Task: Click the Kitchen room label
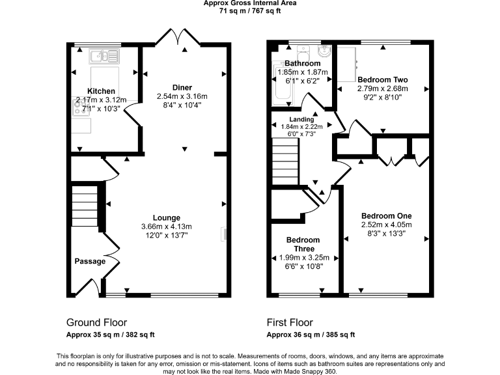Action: pyautogui.click(x=101, y=91)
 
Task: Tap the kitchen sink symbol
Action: pyautogui.click(x=104, y=57)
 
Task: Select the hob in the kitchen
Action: pyautogui.click(x=77, y=107)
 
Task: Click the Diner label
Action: pyautogui.click(x=182, y=87)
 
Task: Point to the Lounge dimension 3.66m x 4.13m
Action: pyautogui.click(x=167, y=227)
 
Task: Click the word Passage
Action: pyautogui.click(x=90, y=262)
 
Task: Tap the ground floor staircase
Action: pyautogui.click(x=85, y=206)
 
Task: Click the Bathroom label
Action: pyautogui.click(x=303, y=63)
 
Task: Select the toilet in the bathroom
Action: pyautogui.click(x=303, y=52)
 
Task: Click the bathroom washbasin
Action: pyautogui.click(x=325, y=51)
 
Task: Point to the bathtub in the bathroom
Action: pyautogui.click(x=283, y=81)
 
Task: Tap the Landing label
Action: pyautogui.click(x=301, y=120)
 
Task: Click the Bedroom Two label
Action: pyautogui.click(x=383, y=79)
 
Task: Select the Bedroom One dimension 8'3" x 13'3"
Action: pyautogui.click(x=387, y=234)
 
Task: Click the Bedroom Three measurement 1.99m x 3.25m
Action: pyautogui.click(x=304, y=258)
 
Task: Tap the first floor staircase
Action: pyautogui.click(x=285, y=163)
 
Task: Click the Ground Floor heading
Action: pyautogui.click(x=96, y=322)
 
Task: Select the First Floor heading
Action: pyautogui.click(x=290, y=322)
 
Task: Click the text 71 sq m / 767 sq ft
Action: pyautogui.click(x=250, y=11)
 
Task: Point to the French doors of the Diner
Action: pyautogui.click(x=178, y=37)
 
